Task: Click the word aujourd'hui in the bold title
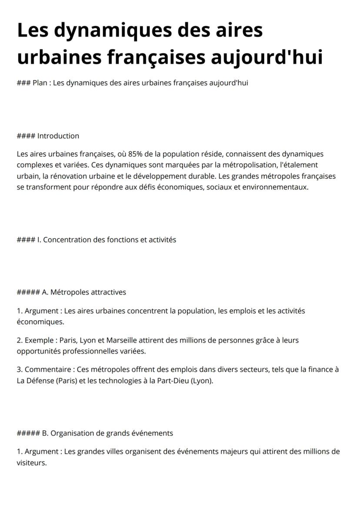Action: tap(267, 57)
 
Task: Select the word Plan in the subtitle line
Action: tap(40, 83)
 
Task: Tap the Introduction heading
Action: tap(58, 136)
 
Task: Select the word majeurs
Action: tap(233, 452)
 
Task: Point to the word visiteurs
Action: tap(31, 462)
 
